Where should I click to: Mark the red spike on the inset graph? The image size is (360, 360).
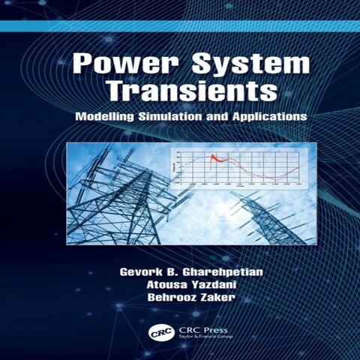click(x=212, y=157)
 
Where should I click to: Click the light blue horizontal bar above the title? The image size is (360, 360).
click(x=180, y=25)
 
